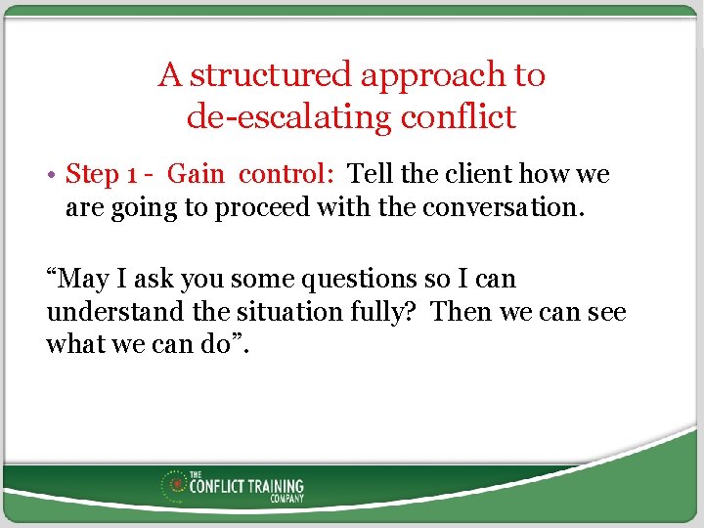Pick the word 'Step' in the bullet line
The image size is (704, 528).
coord(92,175)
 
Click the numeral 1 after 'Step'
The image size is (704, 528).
coord(131,175)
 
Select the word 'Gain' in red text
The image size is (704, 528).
coord(196,174)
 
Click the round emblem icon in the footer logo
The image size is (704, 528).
coord(177,484)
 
